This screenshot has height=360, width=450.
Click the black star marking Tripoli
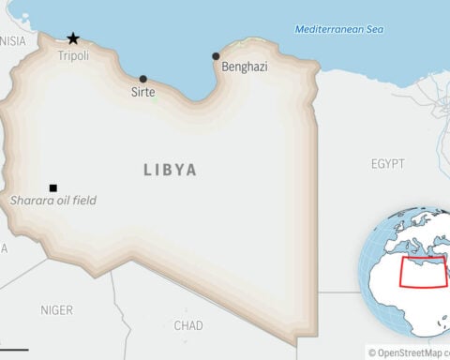pyautogui.click(x=73, y=38)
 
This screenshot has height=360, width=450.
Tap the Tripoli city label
pyautogui.click(x=74, y=56)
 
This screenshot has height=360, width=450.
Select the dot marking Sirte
pyautogui.click(x=142, y=79)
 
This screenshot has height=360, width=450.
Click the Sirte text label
pyautogui.click(x=143, y=93)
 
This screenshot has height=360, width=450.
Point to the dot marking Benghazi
pyautogui.click(x=217, y=56)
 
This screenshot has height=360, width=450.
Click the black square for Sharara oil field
pyautogui.click(x=53, y=187)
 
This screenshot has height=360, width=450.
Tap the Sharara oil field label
pyautogui.click(x=53, y=201)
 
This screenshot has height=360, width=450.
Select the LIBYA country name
pyautogui.click(x=171, y=170)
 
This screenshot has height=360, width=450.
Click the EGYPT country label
pyautogui.click(x=388, y=164)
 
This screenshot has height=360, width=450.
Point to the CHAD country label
pyautogui.click(x=188, y=325)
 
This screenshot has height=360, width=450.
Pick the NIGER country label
pyautogui.click(x=56, y=309)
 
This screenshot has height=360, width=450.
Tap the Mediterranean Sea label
pyautogui.click(x=339, y=29)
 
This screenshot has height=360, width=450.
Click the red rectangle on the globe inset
pyautogui.click(x=424, y=272)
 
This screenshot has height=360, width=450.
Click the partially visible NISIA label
pyautogui.click(x=13, y=41)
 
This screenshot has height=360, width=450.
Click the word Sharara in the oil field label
pyautogui.click(x=28, y=201)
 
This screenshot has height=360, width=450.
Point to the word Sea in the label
pyautogui.click(x=374, y=29)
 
